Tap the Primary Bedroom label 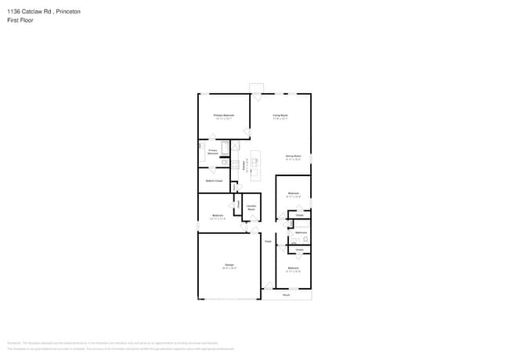click(x=224, y=115)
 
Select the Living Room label click(x=280, y=115)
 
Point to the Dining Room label click(x=293, y=157)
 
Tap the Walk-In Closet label click(x=215, y=181)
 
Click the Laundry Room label click(x=251, y=207)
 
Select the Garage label click(x=229, y=265)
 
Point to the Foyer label click(x=267, y=242)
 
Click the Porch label click(x=286, y=295)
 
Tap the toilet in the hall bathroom click(x=305, y=237)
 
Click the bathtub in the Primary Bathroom click(x=226, y=147)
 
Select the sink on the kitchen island click(x=254, y=162)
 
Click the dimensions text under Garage click(x=229, y=268)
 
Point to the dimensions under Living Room click(x=280, y=118)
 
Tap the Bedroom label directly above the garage click(x=218, y=215)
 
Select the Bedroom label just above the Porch click(x=293, y=268)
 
